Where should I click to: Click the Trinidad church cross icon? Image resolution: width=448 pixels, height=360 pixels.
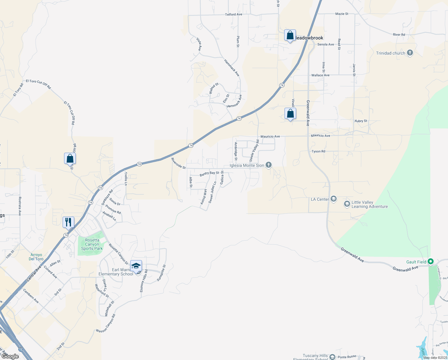coord(410,53)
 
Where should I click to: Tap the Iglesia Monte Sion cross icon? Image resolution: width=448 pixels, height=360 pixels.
coord(269,165)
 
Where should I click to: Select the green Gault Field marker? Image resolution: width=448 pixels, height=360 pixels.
coord(431,262)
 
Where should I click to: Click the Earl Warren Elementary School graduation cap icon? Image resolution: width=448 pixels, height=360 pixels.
coord(136,266)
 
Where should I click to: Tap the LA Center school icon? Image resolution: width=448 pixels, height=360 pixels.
coord(334,199)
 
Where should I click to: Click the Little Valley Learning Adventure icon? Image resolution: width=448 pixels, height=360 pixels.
coord(347,204)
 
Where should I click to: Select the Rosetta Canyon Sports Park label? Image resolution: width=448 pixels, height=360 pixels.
coord(92,244)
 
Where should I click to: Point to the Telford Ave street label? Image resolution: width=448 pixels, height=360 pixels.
coord(234,14)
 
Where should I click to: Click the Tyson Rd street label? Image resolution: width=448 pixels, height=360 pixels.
coord(318,151)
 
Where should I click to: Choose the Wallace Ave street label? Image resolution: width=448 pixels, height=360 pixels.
coord(320,75)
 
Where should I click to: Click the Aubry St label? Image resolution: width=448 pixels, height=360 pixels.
coord(361,121)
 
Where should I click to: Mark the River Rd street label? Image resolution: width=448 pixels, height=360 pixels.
coord(399,35)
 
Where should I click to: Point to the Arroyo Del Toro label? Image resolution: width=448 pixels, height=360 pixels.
coord(36,257)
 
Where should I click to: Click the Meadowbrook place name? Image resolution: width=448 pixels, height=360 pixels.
coord(309,38)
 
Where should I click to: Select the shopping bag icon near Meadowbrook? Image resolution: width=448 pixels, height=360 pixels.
coord(290,36)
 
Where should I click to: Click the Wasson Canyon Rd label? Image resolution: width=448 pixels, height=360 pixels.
coord(106,323)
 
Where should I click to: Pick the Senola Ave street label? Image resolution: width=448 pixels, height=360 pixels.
coord(326,44)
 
